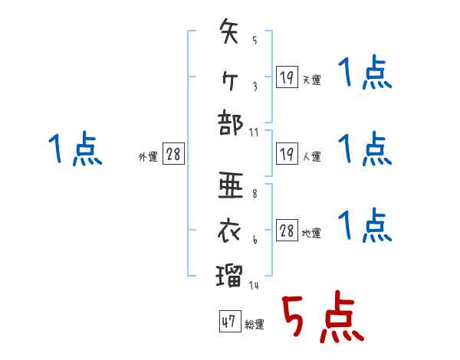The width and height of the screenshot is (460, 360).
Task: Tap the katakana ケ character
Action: pos(229,80)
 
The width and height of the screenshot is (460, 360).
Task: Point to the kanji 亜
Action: pos(230,186)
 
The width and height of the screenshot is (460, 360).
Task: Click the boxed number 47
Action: pos(228,322)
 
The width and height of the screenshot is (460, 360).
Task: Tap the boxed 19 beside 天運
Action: pos(286,77)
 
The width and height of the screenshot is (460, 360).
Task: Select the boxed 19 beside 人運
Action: pos(286,154)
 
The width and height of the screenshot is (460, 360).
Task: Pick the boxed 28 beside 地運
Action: pos(287,231)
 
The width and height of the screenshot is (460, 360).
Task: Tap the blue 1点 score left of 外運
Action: pos(75,149)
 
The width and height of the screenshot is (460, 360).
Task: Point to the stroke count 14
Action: pos(253,286)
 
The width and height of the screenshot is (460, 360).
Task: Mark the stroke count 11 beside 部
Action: pos(254,132)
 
